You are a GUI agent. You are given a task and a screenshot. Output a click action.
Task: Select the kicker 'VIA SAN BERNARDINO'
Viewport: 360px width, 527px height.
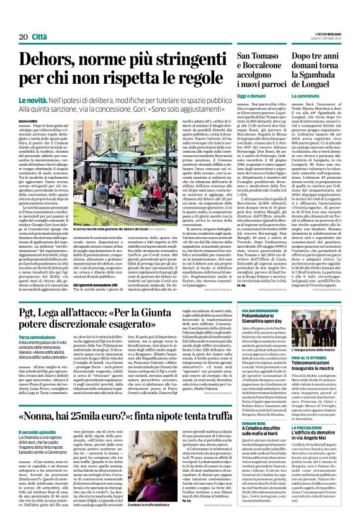pos(256,292)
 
